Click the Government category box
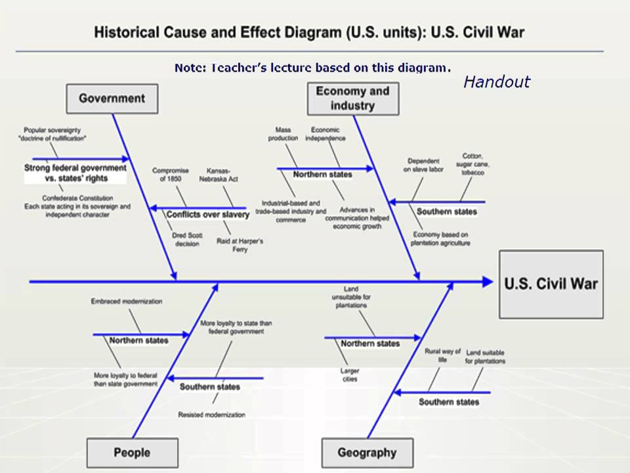click(112, 99)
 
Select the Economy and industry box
click(352, 98)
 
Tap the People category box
click(132, 453)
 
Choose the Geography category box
click(367, 453)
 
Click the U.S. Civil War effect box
click(551, 284)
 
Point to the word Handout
click(496, 82)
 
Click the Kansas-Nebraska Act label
click(222, 174)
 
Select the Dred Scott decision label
click(187, 239)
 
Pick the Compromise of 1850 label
click(171, 174)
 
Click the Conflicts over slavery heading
click(207, 215)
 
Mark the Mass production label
click(283, 134)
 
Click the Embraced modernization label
click(127, 302)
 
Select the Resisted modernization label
click(211, 415)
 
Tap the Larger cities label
click(350, 374)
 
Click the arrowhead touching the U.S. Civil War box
click(488, 282)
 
